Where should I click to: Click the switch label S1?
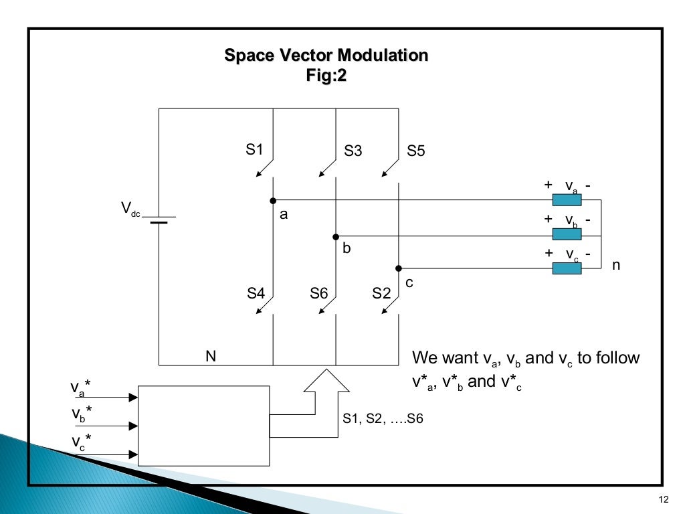tap(254, 150)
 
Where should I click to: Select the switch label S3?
tap(353, 151)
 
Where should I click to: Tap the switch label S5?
tap(416, 151)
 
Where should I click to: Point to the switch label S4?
tap(256, 293)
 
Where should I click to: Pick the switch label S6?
tap(318, 293)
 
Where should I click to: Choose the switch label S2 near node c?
tap(381, 293)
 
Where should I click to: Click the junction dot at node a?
tap(273, 200)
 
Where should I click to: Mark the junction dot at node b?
tap(336, 236)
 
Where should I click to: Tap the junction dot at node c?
tap(398, 268)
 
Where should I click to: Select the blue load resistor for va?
tap(567, 199)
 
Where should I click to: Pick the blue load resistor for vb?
tap(567, 234)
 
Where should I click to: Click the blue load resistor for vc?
tap(567, 268)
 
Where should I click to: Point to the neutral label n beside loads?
tap(616, 265)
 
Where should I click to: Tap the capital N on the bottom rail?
tap(210, 356)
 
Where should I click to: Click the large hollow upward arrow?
tap(326, 381)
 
